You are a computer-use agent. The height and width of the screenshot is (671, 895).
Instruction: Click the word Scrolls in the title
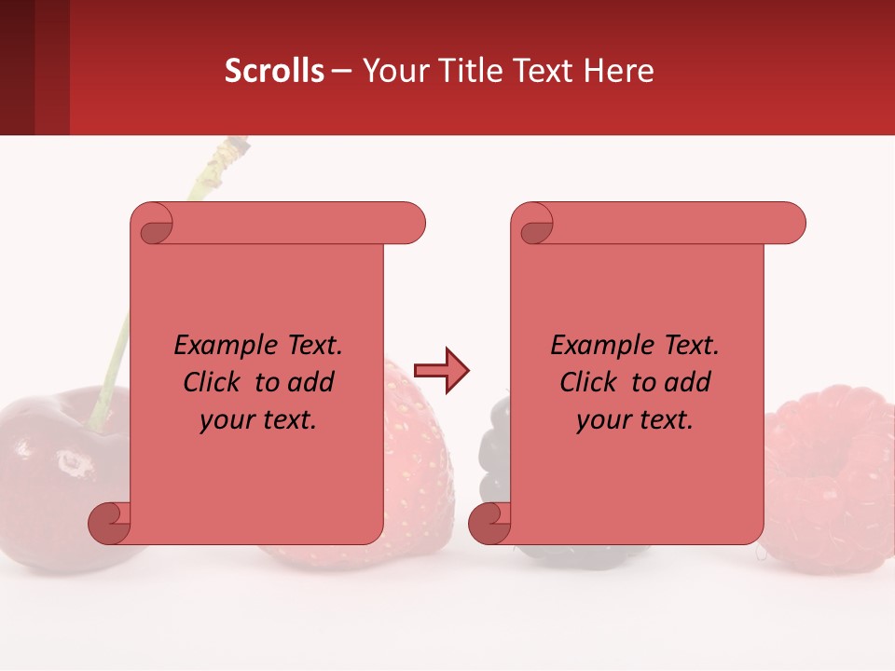pyautogui.click(x=273, y=71)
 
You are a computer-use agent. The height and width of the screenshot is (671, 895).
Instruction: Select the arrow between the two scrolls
pyautogui.click(x=441, y=371)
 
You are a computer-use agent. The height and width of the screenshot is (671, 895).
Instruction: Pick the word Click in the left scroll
pyautogui.click(x=216, y=382)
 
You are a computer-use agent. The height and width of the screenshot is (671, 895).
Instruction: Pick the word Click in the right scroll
pyautogui.click(x=592, y=382)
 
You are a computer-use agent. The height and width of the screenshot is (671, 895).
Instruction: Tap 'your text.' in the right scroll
pyautogui.click(x=634, y=419)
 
